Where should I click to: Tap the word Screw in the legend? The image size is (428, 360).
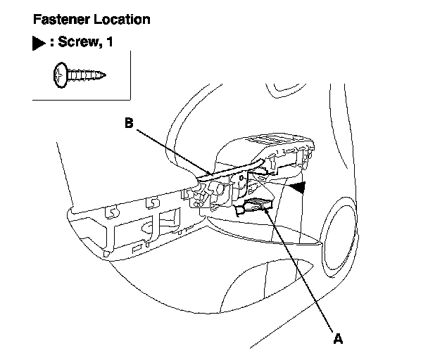pyautogui.click(x=79, y=43)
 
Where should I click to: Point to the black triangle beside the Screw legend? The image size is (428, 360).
pyautogui.click(x=39, y=44)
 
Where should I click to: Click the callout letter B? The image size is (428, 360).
pyautogui.click(x=129, y=122)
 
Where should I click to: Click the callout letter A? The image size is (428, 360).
pyautogui.click(x=338, y=339)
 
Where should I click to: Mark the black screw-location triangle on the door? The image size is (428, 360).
pyautogui.click(x=301, y=186)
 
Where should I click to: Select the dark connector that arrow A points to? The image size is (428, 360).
pyautogui.click(x=256, y=207)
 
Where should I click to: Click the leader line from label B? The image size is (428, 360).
pyautogui.click(x=169, y=148)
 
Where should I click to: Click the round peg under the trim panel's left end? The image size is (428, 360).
pyautogui.click(x=106, y=251)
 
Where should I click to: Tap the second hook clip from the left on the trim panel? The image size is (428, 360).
pyautogui.click(x=150, y=204)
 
